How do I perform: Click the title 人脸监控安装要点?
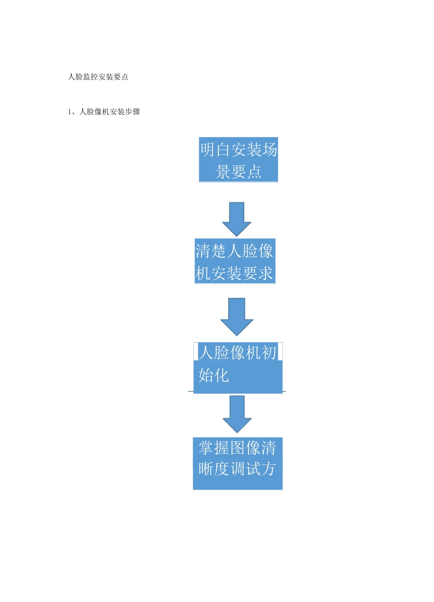pyautogui.click(x=98, y=77)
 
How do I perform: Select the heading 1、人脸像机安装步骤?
pyautogui.click(x=104, y=111)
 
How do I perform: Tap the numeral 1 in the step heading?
pyautogui.click(x=70, y=112)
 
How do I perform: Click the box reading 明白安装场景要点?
pyautogui.click(x=238, y=160)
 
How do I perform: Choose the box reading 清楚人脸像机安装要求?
pyautogui.click(x=235, y=261)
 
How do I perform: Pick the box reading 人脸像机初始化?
pyautogui.click(x=238, y=368)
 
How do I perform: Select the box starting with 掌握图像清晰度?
pyautogui.click(x=238, y=464)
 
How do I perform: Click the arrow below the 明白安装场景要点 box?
pyautogui.click(x=237, y=219)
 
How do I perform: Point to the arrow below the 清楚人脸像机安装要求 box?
pyautogui.click(x=237, y=317)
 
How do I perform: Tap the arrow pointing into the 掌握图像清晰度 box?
pyautogui.click(x=237, y=414)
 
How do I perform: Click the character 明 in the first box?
pyautogui.click(x=208, y=149)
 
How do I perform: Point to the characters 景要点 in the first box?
pyautogui.click(x=238, y=172)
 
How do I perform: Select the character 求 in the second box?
pyautogui.click(x=265, y=274)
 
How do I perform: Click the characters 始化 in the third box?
pyautogui.click(x=213, y=375)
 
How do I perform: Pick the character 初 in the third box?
pyautogui.click(x=269, y=353)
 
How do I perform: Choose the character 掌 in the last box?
pyautogui.click(x=206, y=448)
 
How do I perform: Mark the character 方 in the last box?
pyautogui.click(x=268, y=469)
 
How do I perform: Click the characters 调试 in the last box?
pyautogui.click(x=245, y=469)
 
